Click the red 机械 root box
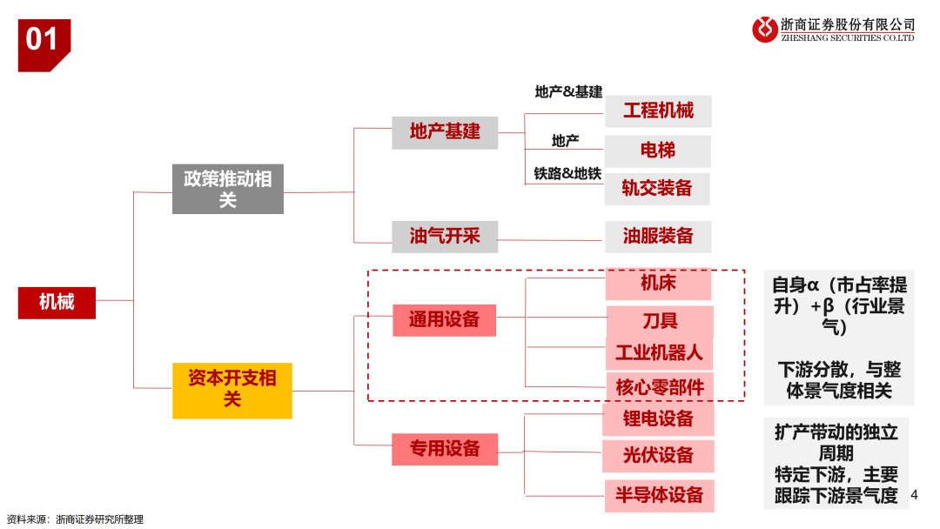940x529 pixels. coord(57,302)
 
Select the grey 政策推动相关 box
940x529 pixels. coord(227,189)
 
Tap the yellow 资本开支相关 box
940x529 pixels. coord(232,389)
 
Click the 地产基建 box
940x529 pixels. coord(445,131)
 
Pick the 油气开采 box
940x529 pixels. coord(445,235)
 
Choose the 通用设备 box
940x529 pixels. coord(444,319)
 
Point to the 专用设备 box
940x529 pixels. coord(445,448)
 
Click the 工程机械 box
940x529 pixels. coord(658,111)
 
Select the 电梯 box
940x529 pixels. coord(658,151)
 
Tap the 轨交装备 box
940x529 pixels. coord(657,188)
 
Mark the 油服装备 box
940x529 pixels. coord(658,236)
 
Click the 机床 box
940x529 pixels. coord(658,283)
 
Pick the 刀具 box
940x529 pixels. coord(660,320)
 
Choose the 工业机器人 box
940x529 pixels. coord(659,352)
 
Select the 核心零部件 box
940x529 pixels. coord(659,386)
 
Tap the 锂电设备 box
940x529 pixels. coord(658,419)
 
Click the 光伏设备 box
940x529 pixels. coord(658,455)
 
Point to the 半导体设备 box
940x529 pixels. coord(659,495)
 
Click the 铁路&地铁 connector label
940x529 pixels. coord(567,174)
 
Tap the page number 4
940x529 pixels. coord(914,495)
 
